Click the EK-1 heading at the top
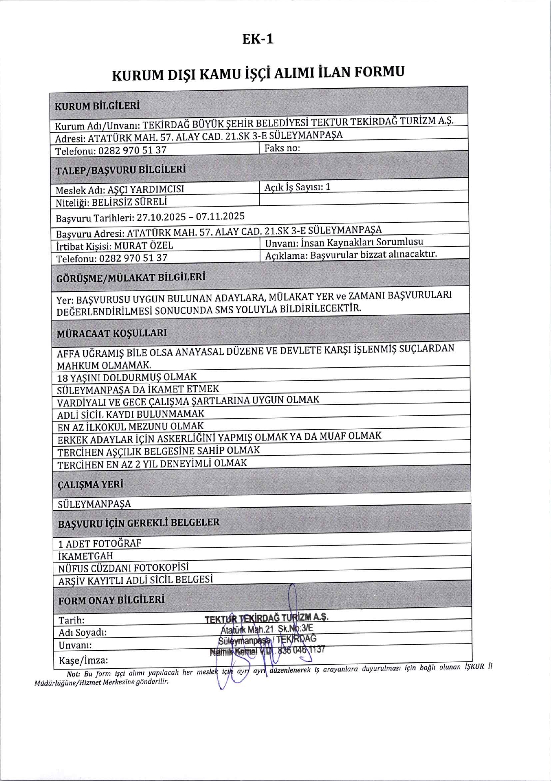coord(258,39)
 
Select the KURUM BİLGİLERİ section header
coord(97,106)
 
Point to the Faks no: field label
coord(282,148)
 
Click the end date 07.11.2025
coord(220,216)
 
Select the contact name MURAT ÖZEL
coord(143,246)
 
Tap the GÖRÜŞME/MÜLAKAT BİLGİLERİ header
coord(131,278)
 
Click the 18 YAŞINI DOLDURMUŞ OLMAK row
coord(127,377)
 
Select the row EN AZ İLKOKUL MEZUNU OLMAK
coord(130,427)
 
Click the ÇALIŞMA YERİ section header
coord(90,484)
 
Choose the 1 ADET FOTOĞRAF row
coord(100,543)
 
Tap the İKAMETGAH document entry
coord(85,556)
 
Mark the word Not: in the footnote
coord(74,674)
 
